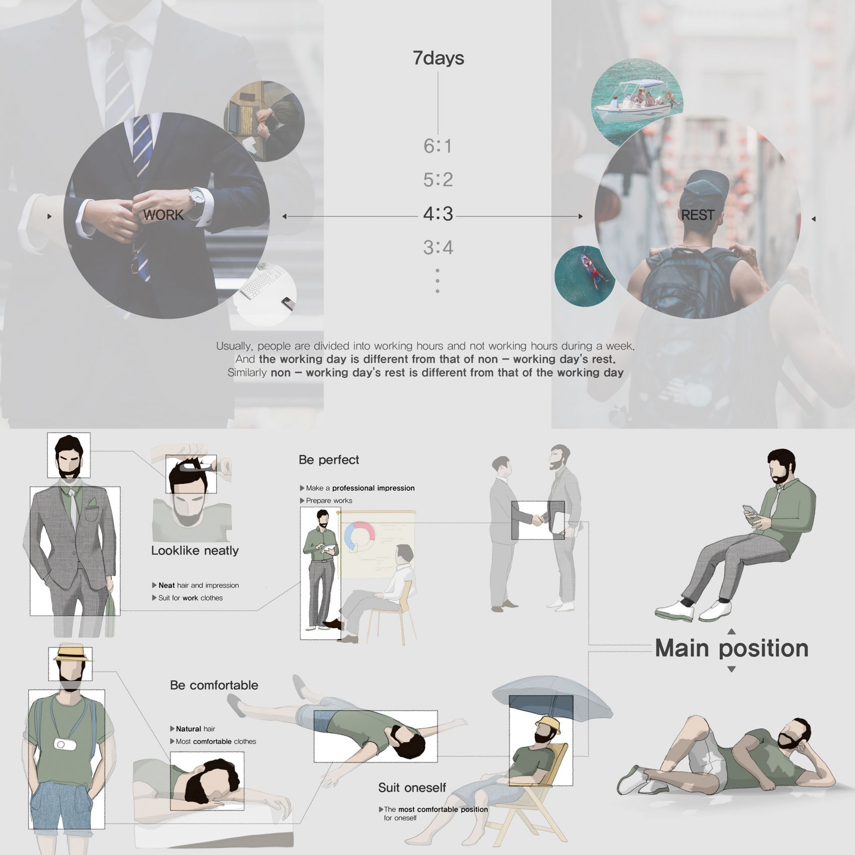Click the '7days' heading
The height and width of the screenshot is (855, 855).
coord(438,58)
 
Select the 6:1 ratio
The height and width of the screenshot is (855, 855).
coord(438,146)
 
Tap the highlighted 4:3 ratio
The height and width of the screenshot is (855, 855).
coord(438,214)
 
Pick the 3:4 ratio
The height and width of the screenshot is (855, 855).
coord(438,247)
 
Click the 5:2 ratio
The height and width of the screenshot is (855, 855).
coord(438,180)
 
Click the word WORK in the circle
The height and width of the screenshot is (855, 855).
coord(163,215)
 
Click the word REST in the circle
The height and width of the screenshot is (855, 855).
coord(698,215)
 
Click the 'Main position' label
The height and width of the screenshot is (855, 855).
coord(732,648)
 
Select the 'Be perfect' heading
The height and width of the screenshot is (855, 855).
coord(329,460)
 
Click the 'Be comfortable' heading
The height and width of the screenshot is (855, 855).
coord(214,685)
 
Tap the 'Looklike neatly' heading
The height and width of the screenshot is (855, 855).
coord(195,550)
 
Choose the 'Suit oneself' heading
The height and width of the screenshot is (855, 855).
coord(412,788)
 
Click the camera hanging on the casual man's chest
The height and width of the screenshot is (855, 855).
coord(61,744)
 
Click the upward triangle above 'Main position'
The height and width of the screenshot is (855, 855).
coord(732,631)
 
